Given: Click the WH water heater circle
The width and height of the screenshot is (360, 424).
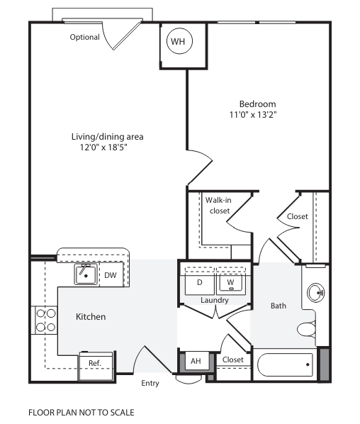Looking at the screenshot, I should tap(178, 42).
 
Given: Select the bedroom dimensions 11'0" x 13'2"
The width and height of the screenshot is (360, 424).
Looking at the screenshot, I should tap(252, 114).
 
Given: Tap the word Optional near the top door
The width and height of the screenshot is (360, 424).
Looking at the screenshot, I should tap(84, 37).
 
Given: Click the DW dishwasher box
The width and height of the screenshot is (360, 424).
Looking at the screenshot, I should tap(111, 274).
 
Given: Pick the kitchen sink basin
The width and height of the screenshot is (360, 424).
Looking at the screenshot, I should tap(86, 273).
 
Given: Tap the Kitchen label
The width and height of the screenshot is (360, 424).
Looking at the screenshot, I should tap(91, 316).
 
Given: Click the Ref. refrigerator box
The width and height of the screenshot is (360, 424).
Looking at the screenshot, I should tap(94, 362).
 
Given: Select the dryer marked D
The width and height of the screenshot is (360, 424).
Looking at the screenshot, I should tap(200, 282).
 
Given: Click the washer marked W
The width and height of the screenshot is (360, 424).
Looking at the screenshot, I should tap(230, 282).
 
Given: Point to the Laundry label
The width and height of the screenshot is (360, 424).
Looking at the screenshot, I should tap(214, 300).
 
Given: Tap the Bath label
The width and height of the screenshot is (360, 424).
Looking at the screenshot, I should tap(279, 306).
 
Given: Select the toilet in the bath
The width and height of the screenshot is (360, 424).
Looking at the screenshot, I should tap(307, 330).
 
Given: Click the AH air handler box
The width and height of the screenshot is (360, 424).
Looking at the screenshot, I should tap(196, 361).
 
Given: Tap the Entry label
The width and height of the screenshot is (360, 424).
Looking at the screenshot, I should tap(150, 384).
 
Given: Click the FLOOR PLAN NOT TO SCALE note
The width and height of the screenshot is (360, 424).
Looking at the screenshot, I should tap(81, 411).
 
